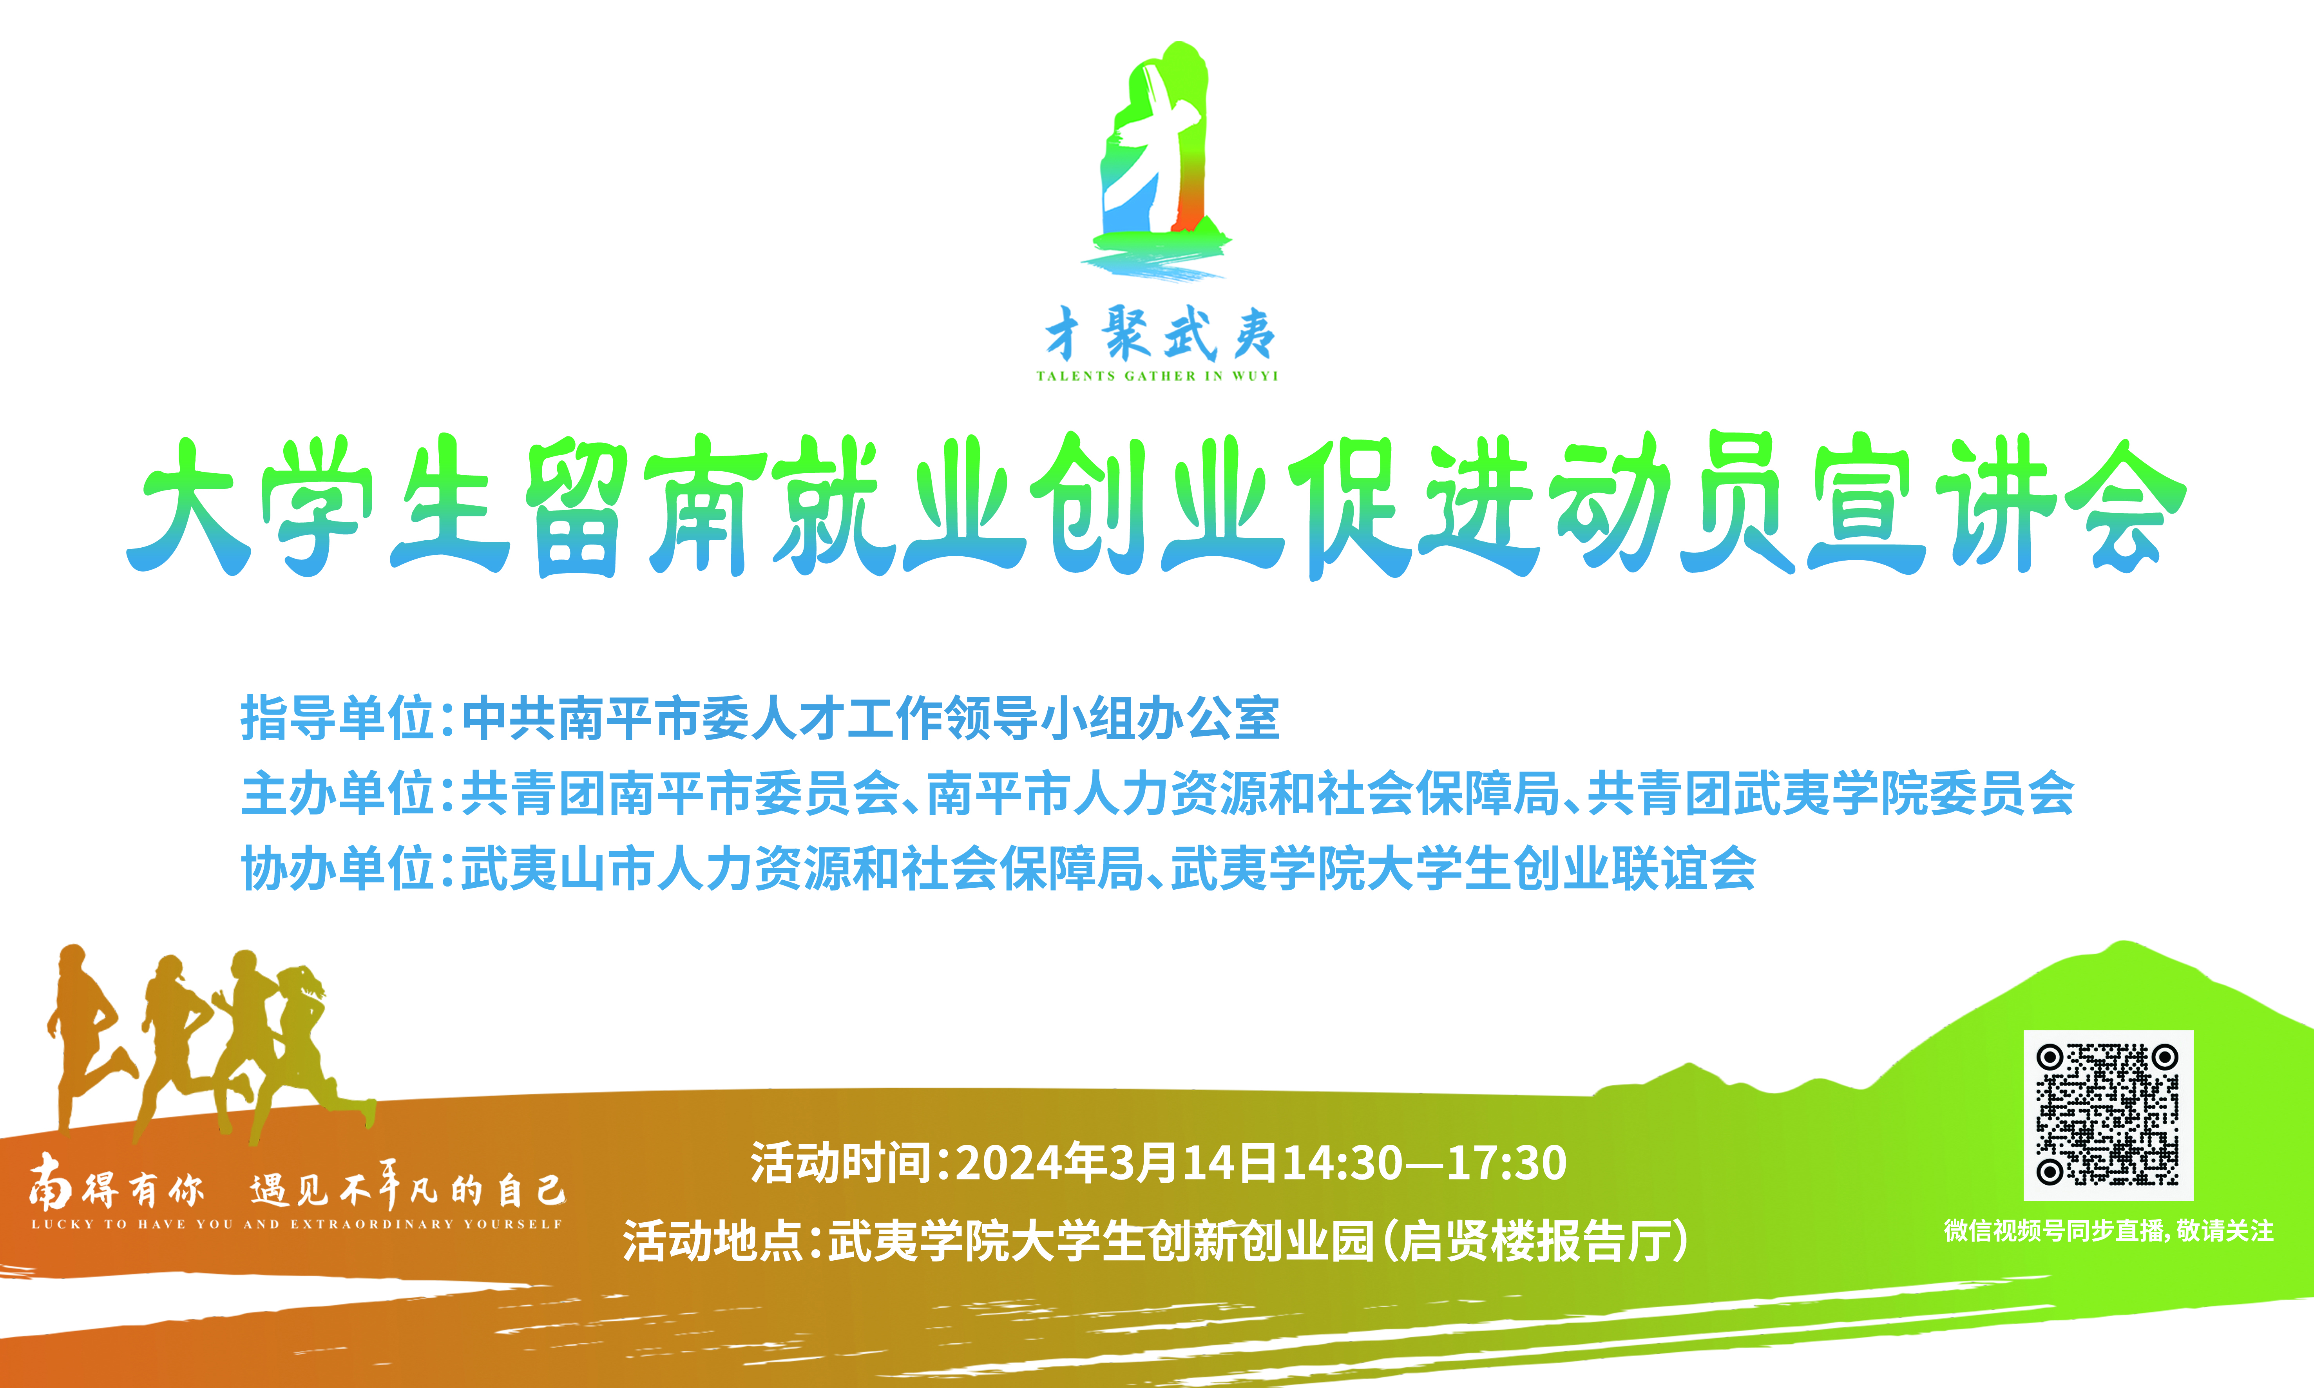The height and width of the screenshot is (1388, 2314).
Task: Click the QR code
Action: click(2108, 1115)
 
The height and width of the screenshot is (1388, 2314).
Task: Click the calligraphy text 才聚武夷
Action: click(1160, 334)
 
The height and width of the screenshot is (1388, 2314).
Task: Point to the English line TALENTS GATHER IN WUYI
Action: click(1157, 376)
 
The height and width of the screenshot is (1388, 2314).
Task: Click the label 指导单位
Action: click(337, 718)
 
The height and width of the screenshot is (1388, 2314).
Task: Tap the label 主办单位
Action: click(337, 793)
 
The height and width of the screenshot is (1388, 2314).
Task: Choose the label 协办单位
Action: click(337, 868)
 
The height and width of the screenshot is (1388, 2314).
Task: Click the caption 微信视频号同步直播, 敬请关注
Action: click(2108, 1231)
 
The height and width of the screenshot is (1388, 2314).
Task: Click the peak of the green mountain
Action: click(2123, 942)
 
